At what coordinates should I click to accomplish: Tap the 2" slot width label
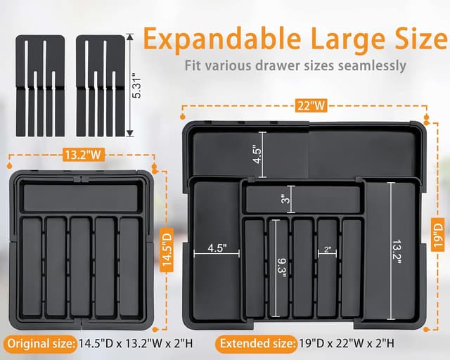(326, 249)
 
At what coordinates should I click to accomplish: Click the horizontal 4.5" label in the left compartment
(216, 248)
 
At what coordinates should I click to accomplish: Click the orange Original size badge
(39, 344)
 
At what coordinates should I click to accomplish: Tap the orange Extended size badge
(255, 344)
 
